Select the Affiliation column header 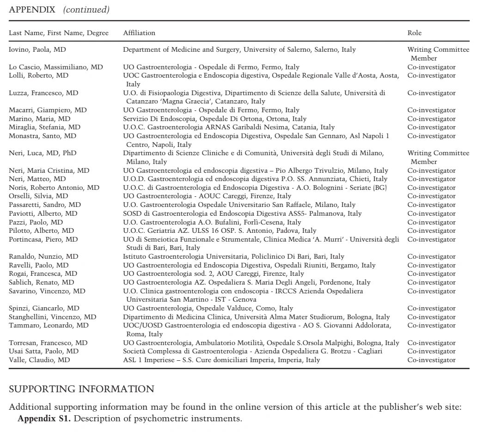tap(139, 33)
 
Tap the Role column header tap(414, 33)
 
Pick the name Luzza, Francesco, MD tap(43, 93)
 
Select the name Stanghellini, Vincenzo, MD tap(53, 317)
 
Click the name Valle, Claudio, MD tap(39, 360)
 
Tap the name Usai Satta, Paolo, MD tap(43, 351)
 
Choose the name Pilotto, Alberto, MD tap(41, 231)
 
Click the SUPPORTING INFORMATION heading tap(81, 389)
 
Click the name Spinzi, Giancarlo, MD tap(44, 308)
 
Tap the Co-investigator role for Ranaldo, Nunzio tap(431, 256)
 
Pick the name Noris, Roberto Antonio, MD tap(54, 188)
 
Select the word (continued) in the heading tap(86, 10)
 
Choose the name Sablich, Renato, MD tap(41, 282)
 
